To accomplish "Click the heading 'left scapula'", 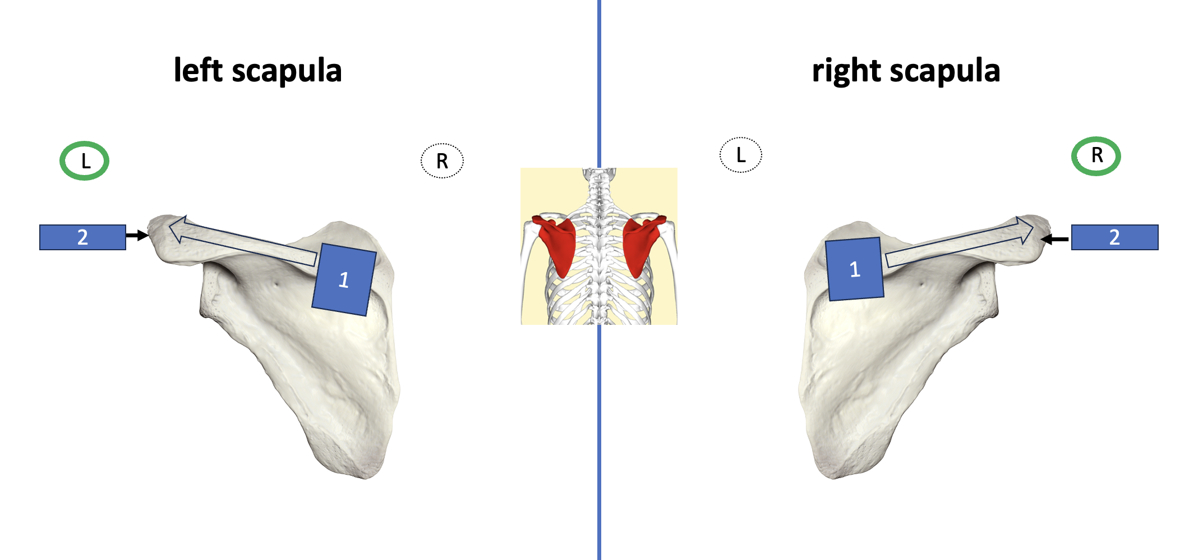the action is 257,71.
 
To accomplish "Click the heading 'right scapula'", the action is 906,71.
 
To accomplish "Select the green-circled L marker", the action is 84,161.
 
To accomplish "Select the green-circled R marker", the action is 1096,156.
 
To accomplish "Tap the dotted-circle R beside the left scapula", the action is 442,161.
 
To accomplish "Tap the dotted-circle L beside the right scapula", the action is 740,155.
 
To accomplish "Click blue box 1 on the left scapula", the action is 344,279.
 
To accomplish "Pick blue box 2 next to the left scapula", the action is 82,237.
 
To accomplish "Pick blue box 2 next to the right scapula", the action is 1114,237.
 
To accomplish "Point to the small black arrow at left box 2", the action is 137,236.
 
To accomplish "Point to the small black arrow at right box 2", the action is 1055,240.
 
